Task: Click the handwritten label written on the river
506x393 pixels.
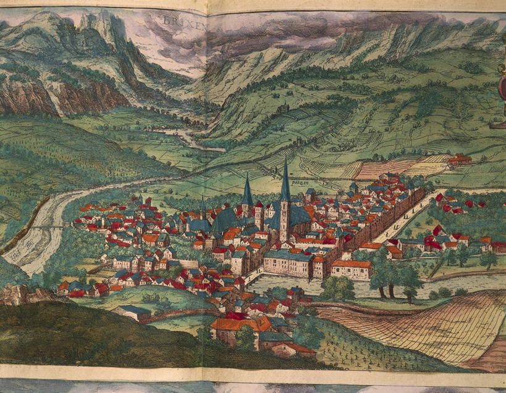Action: click(18, 250)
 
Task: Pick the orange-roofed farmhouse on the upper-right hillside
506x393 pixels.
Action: click(460, 159)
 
